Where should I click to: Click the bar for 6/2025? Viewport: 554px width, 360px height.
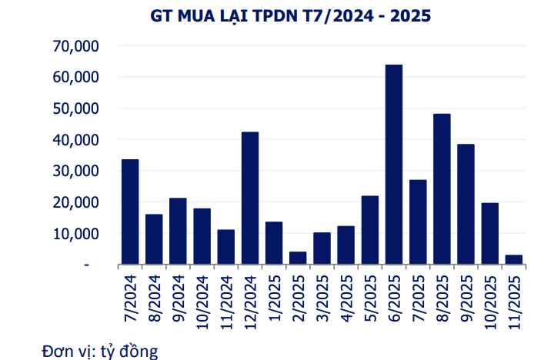394,165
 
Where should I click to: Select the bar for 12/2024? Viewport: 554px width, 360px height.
250,198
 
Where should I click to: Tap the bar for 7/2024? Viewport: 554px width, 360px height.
130,212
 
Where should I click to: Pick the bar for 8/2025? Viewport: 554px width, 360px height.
442,189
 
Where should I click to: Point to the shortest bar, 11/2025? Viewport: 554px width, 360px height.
514,259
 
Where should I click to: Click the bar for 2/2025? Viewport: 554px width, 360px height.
298,258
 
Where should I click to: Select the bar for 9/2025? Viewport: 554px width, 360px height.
466,205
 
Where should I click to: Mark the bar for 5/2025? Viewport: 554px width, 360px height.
370,230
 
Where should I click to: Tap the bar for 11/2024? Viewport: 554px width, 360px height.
226,247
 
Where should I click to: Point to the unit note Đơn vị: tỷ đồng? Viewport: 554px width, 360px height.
100,352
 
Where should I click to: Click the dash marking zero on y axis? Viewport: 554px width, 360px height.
87,265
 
